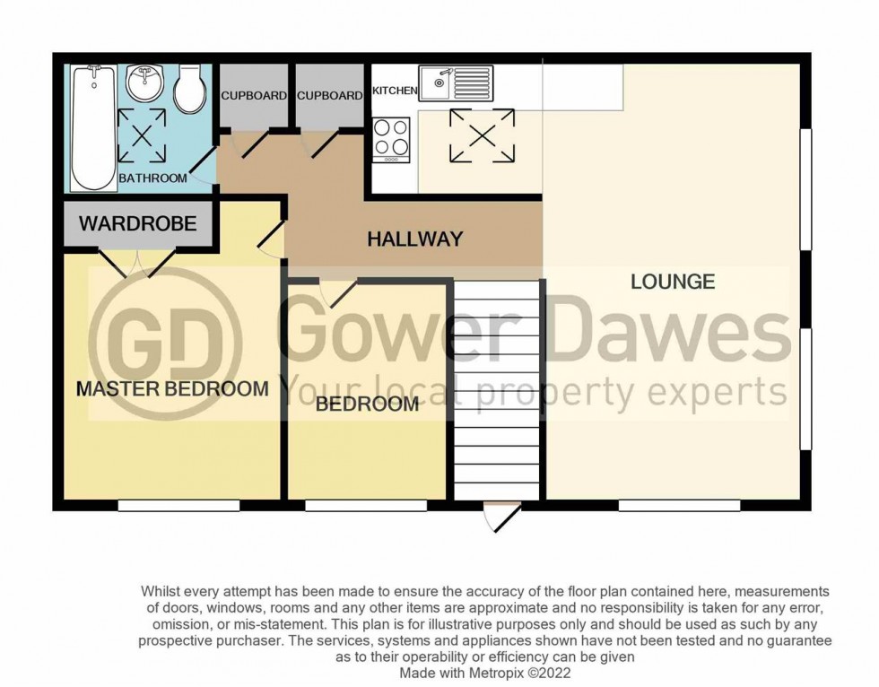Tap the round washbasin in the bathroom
[x=142, y=83]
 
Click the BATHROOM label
[x=153, y=178]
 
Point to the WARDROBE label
[x=138, y=224]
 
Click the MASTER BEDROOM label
[x=172, y=388]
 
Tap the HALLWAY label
[x=415, y=239]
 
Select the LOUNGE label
[x=673, y=282]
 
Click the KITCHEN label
[x=395, y=91]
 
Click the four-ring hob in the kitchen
[x=392, y=139]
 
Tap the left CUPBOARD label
[x=254, y=96]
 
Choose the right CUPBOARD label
[x=329, y=96]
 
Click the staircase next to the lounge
[x=497, y=390]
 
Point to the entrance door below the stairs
[x=500, y=516]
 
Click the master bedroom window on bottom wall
[x=178, y=506]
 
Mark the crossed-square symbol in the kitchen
[x=483, y=136]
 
